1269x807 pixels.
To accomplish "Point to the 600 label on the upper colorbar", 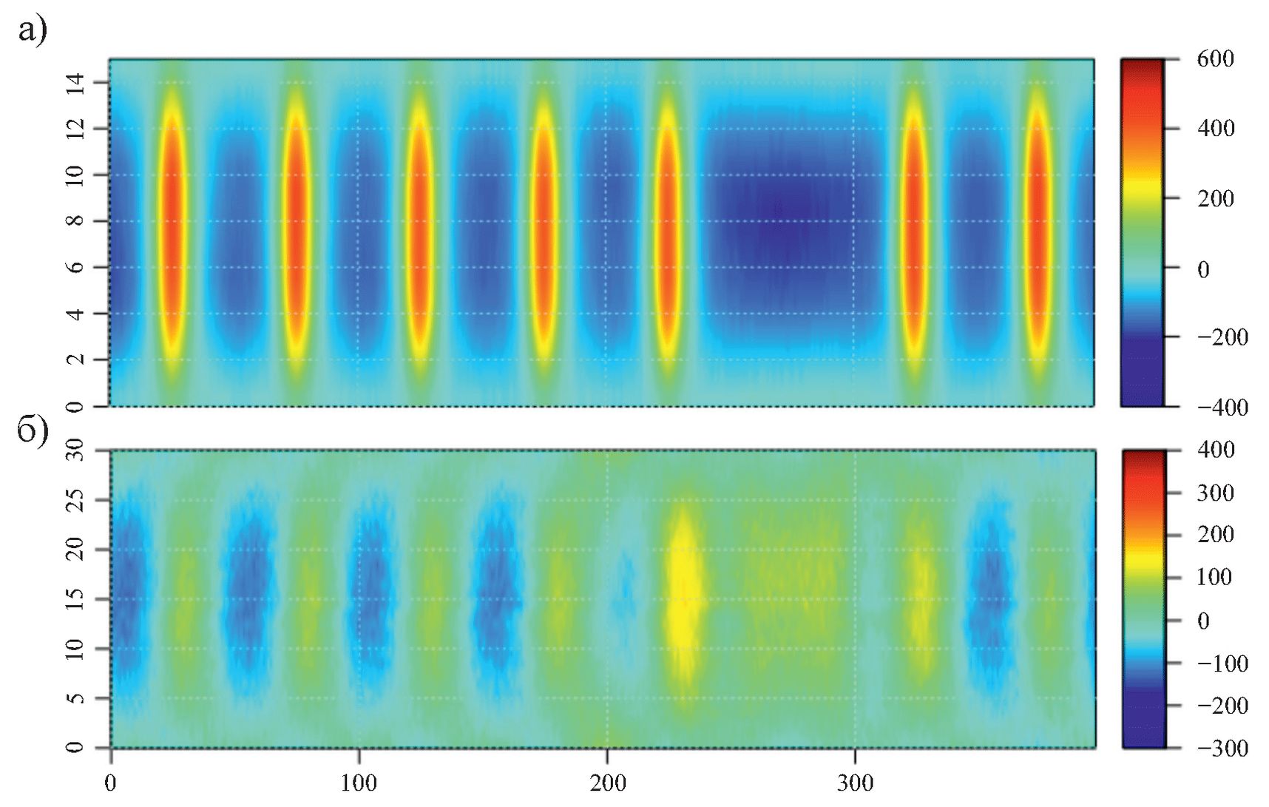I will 1215,59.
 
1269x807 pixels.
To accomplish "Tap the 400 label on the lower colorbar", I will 1215,450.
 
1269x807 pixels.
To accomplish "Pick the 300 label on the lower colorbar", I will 1215,493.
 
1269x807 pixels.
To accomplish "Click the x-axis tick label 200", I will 607,782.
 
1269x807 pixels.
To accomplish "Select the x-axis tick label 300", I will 856,782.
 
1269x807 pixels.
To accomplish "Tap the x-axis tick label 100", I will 359,782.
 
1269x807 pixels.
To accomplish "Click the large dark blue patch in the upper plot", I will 784,222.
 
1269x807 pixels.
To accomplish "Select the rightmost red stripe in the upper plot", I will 1038,222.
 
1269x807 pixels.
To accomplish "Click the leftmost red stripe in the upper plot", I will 172,222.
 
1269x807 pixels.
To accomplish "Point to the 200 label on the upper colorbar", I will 1215,198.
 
